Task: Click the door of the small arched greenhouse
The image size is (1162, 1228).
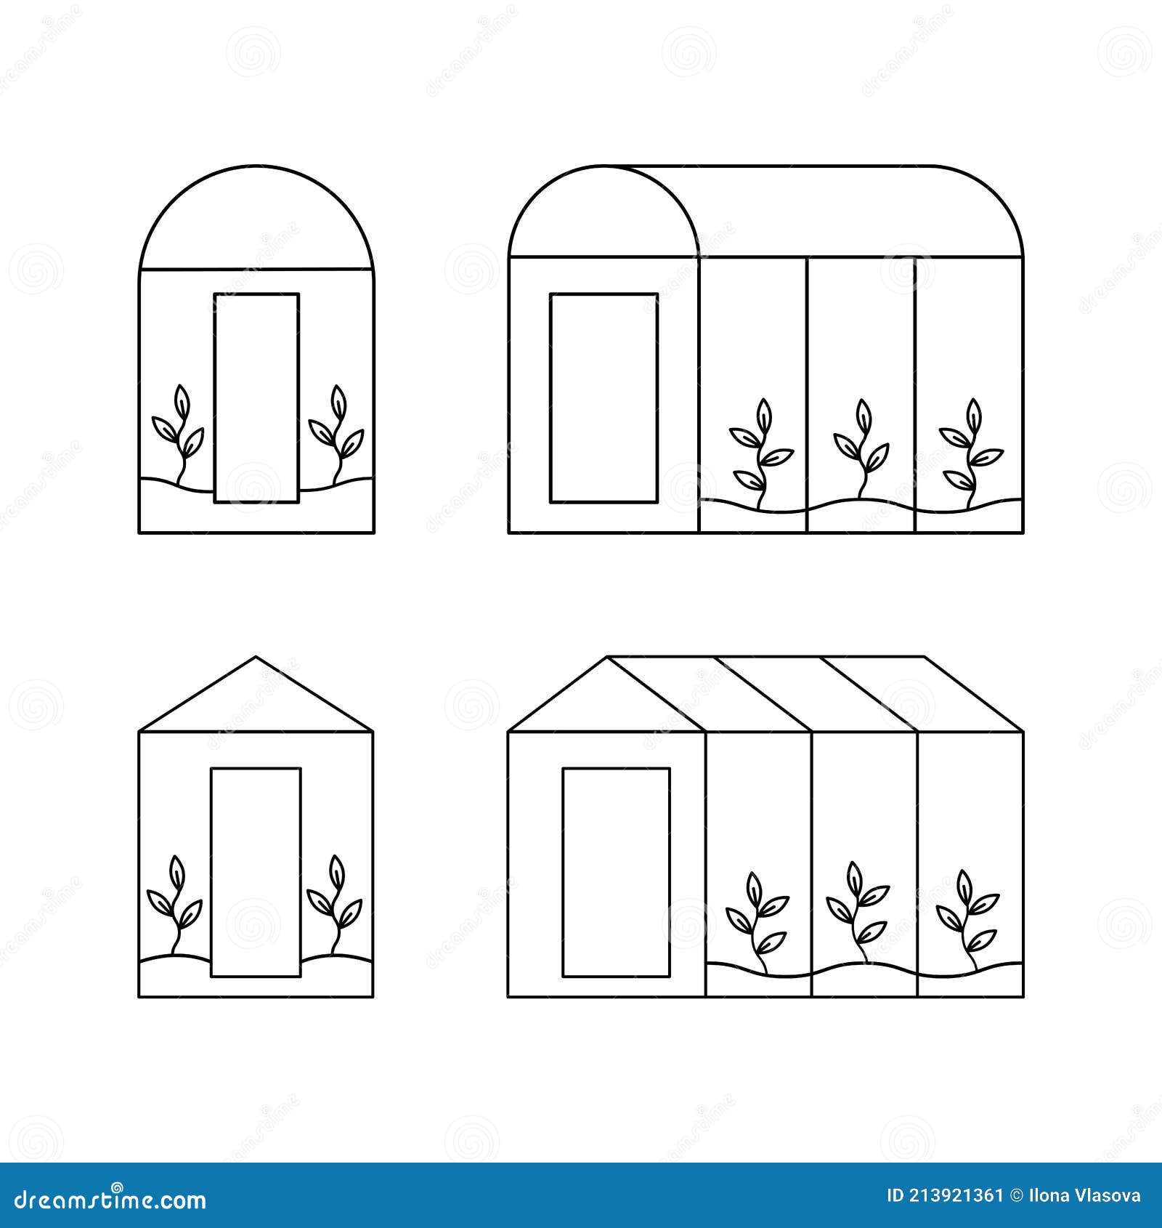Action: pos(256,397)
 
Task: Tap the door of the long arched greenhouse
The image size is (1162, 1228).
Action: pos(604,397)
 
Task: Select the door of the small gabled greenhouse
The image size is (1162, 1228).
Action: pos(256,872)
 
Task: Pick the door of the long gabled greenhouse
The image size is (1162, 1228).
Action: pos(616,872)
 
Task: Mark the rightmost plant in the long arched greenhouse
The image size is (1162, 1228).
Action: pos(970,451)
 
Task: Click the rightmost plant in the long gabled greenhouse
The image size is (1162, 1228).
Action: pos(967,919)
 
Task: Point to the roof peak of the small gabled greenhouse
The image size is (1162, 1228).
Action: pos(255,660)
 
